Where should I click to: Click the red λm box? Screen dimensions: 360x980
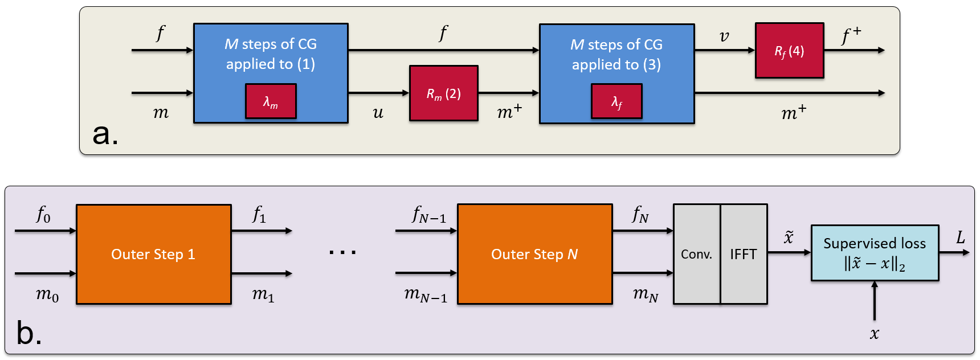271,101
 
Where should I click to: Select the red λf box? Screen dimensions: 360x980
616,101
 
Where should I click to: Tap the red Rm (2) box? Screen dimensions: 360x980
443,93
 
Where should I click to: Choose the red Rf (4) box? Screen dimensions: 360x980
789,51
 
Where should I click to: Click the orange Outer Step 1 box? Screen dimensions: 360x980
153,254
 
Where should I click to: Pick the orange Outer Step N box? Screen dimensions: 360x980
534,254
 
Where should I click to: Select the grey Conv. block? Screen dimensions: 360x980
696,254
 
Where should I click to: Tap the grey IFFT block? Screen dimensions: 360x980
744,254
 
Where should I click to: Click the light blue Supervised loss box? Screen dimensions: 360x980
875,253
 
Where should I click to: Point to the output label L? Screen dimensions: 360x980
961,238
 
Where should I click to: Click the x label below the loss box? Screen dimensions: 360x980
875,334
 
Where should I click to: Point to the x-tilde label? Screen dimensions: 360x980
789,237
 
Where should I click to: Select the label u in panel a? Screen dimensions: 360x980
378,113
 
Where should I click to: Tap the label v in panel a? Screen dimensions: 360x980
724,36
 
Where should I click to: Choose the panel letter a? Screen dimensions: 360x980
105,134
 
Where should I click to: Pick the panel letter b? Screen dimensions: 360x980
28,333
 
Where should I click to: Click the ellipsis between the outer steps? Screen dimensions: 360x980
342,252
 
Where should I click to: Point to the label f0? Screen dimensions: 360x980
43,215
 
